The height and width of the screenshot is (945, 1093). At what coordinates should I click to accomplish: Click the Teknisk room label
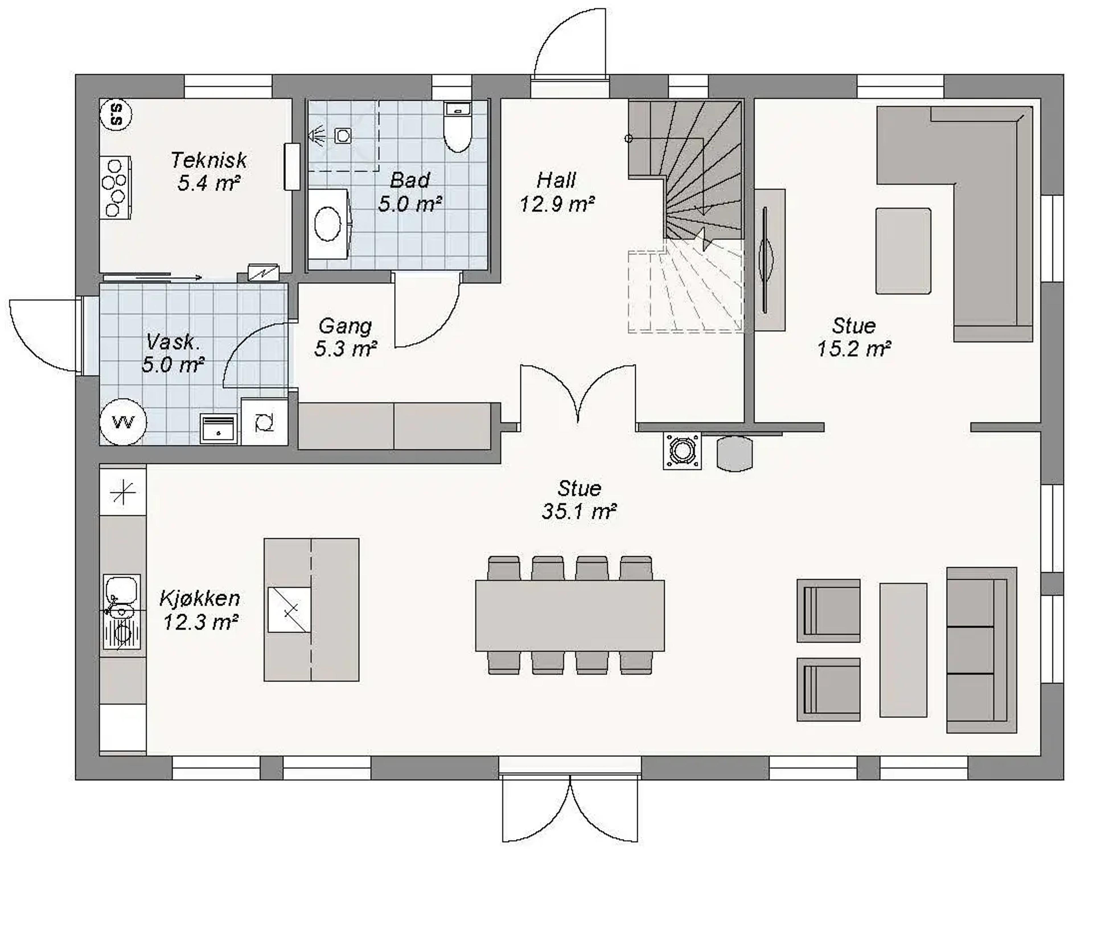(x=209, y=160)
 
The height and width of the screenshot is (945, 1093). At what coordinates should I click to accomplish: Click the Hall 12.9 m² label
(x=557, y=192)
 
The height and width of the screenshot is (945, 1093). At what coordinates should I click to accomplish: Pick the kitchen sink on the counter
(x=122, y=612)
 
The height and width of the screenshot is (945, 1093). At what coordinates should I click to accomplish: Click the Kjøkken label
(x=200, y=598)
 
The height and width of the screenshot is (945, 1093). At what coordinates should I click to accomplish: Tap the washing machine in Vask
(x=264, y=422)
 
